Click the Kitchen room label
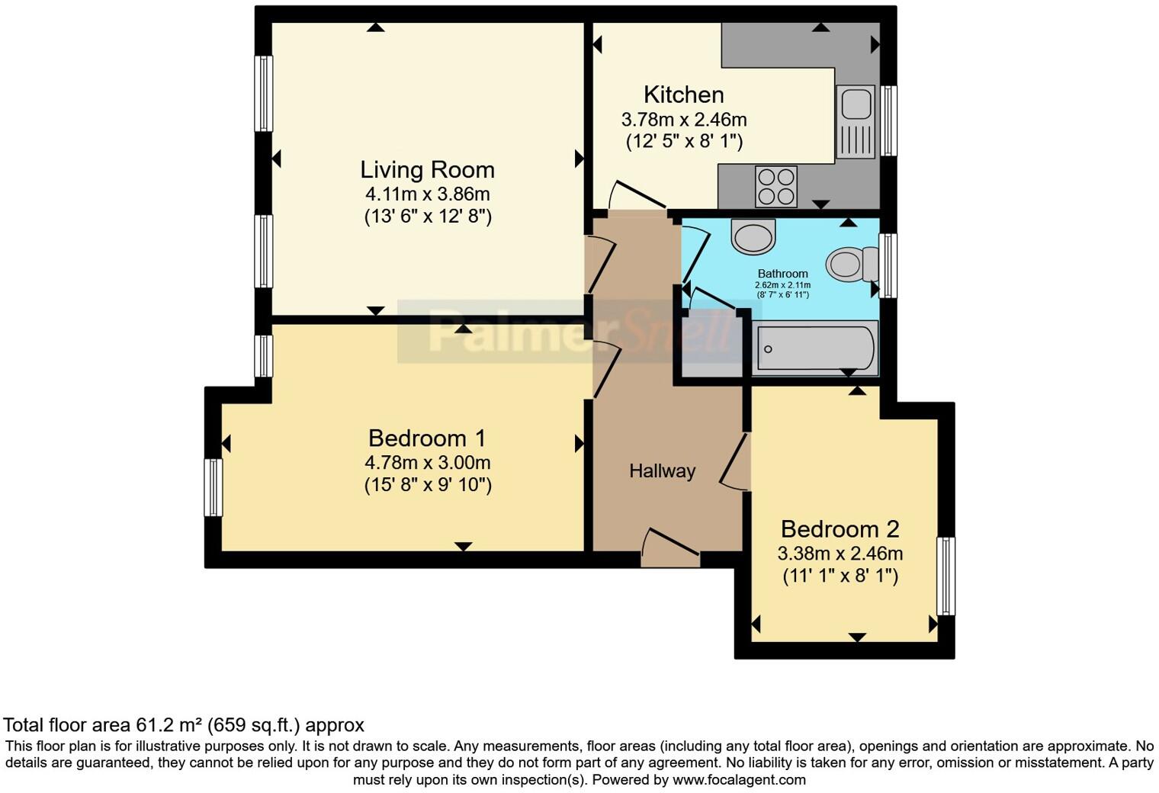[x=683, y=95]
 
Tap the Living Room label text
[x=427, y=170]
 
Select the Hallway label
[x=663, y=471]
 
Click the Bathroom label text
[x=783, y=274]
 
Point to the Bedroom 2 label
[x=840, y=529]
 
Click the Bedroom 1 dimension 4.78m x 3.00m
[x=428, y=462]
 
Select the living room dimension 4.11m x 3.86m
[x=427, y=194]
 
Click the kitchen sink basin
[x=856, y=104]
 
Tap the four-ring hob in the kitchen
[x=775, y=186]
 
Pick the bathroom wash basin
[x=753, y=236]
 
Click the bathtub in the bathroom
[x=815, y=348]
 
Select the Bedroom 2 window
[x=945, y=576]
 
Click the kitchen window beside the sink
[x=888, y=120]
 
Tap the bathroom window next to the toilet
[x=888, y=265]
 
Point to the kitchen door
[x=638, y=195]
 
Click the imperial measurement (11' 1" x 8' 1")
[x=840, y=576]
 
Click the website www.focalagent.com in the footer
[x=739, y=779]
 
